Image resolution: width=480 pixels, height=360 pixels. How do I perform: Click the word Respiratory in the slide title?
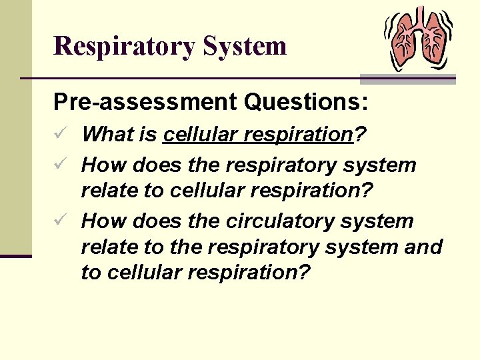coord(123,47)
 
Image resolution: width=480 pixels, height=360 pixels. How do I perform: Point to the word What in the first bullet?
coord(109,135)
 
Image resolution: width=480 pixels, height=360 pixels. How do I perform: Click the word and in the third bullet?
coord(423,247)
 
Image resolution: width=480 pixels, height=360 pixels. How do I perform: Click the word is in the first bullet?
coord(149,135)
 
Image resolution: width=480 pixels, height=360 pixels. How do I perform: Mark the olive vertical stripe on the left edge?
coord(15,127)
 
